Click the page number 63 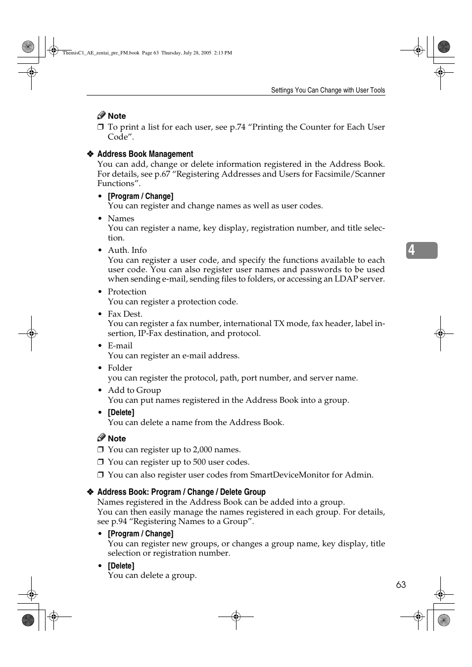(x=401, y=585)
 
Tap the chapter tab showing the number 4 (x=422, y=250)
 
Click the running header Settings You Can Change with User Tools (x=328, y=90)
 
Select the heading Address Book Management (x=145, y=154)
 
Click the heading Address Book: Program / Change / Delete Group (x=181, y=492)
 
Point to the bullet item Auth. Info (x=127, y=250)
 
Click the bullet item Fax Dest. (x=125, y=314)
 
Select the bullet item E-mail (x=120, y=346)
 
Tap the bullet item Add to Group (x=134, y=390)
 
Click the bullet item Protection (x=127, y=292)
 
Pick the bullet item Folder (x=120, y=368)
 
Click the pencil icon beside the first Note (x=101, y=115)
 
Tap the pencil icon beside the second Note (x=101, y=438)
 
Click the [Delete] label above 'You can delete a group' (x=121, y=566)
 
